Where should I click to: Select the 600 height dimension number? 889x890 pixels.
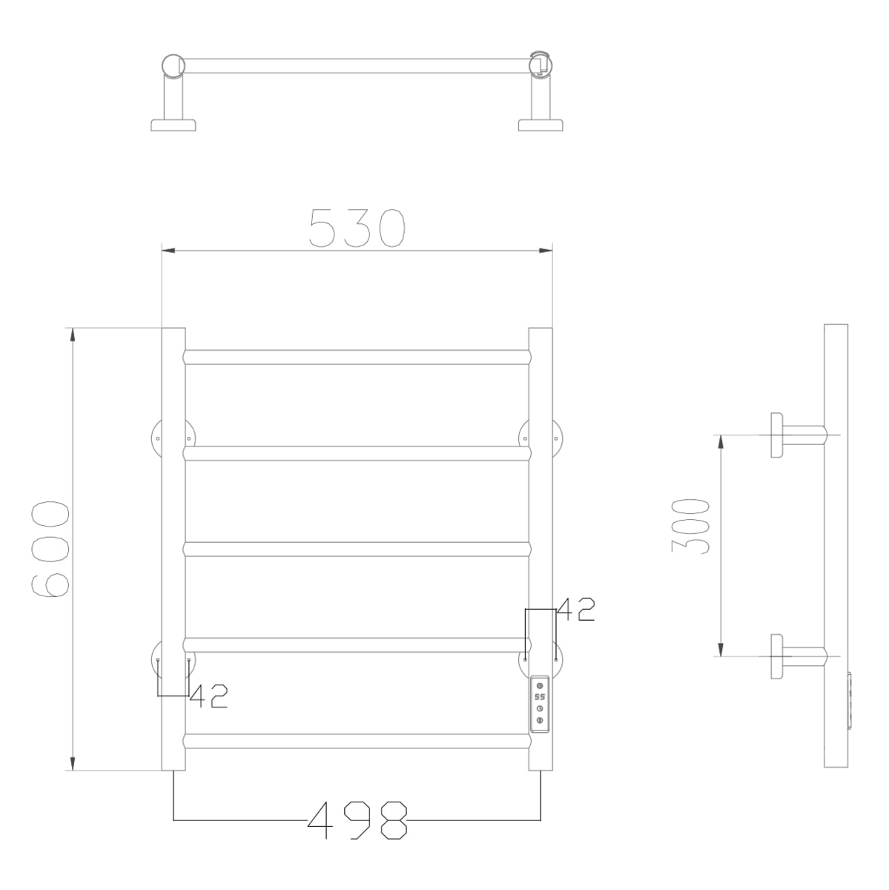pos(51,549)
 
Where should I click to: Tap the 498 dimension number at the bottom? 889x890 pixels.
pos(357,820)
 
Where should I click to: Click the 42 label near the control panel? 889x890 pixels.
pos(575,609)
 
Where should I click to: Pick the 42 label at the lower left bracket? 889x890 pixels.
pos(208,696)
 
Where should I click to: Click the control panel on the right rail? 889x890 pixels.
pos(540,703)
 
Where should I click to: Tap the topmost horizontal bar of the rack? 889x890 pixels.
pos(357,357)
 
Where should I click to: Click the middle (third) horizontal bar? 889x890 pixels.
pos(357,549)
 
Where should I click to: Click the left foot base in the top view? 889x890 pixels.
pos(173,125)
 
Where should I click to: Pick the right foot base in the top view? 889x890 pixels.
pos(541,125)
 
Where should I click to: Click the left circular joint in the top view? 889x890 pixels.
pos(173,65)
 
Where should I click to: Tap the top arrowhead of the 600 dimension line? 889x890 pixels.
pos(73,335)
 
